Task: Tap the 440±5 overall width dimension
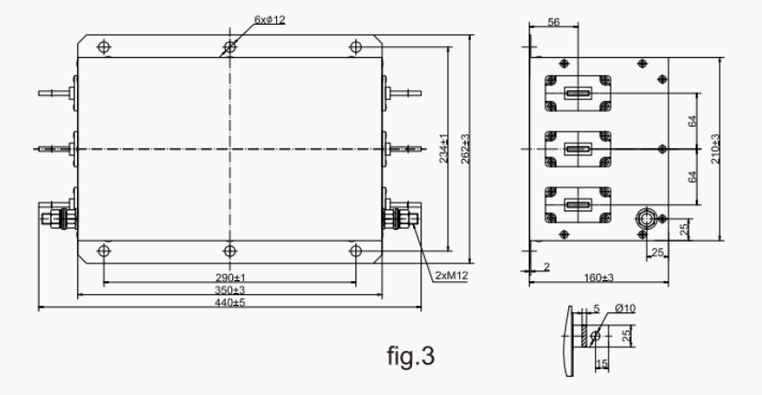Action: [x=230, y=303]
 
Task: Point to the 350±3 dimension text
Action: [x=230, y=289]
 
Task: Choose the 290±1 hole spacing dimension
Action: [x=230, y=276]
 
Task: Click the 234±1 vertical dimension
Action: [x=443, y=147]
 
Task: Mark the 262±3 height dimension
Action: [x=466, y=147]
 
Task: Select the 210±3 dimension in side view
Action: [x=715, y=147]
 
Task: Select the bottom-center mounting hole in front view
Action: [x=230, y=250]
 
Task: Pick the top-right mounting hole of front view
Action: [x=355, y=45]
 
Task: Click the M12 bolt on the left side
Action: [x=54, y=219]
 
